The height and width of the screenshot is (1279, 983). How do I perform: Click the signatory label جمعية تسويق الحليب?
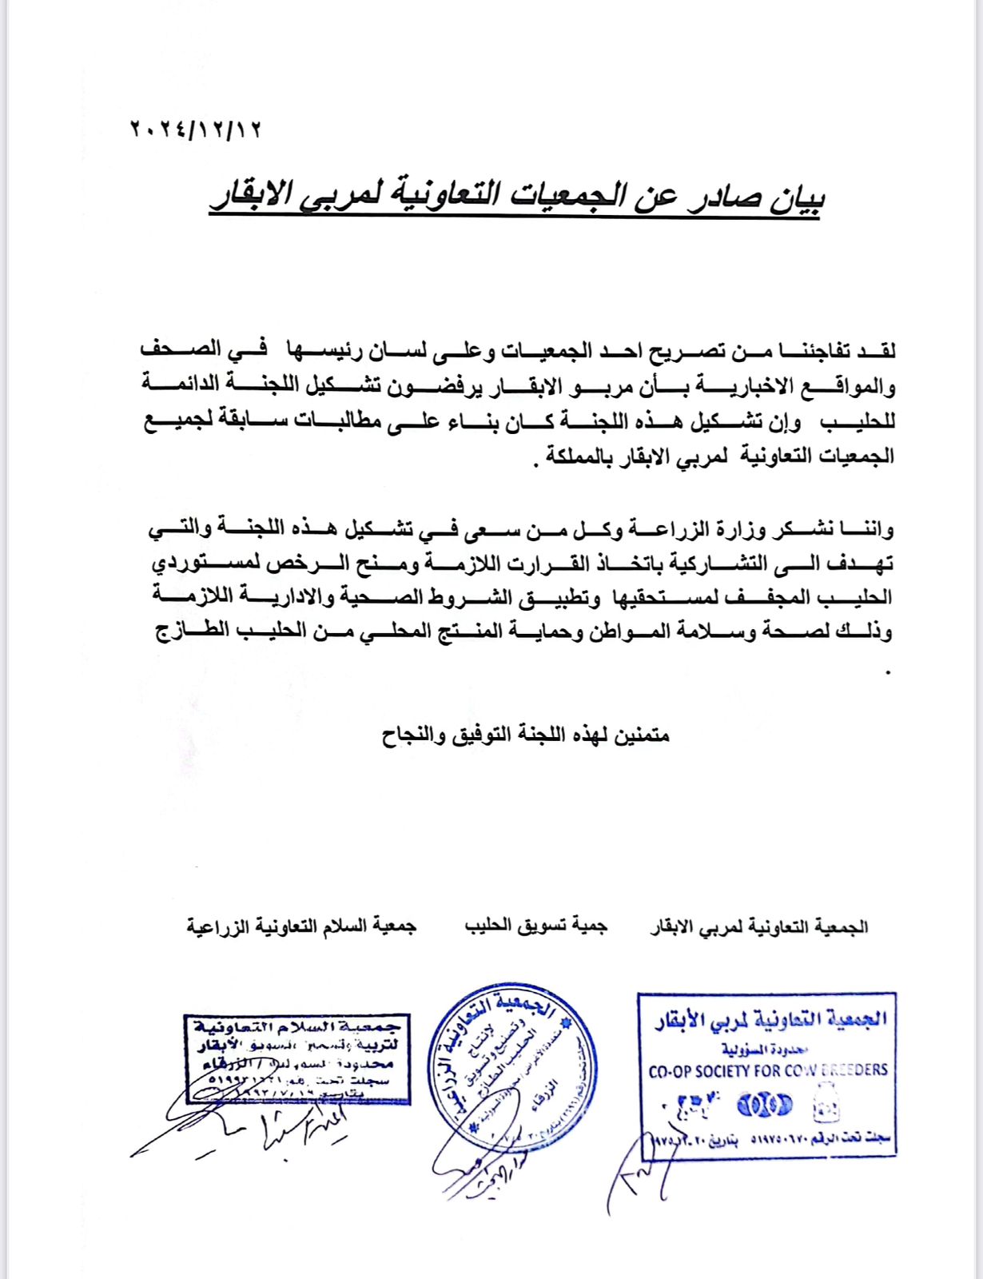pos(536,926)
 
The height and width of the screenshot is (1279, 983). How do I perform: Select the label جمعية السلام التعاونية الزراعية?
pos(302,926)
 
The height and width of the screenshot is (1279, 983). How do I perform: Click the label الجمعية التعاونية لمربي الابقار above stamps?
pos(760,927)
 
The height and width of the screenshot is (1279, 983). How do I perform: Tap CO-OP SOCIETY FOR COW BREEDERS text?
pos(767,1070)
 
